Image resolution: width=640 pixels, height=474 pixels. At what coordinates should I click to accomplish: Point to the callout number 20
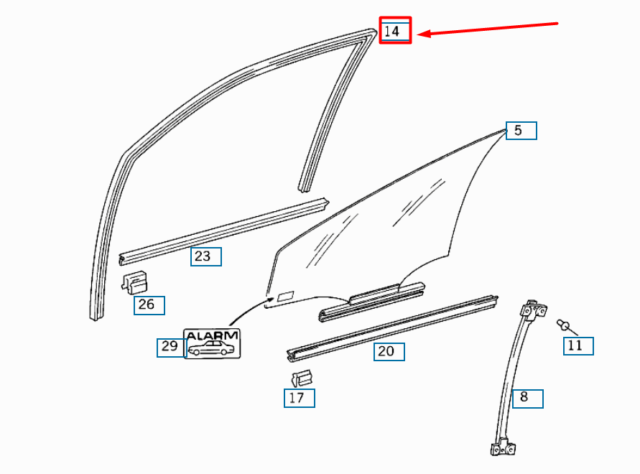coord(389,351)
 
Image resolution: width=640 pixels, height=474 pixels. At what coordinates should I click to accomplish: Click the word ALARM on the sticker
coord(212,335)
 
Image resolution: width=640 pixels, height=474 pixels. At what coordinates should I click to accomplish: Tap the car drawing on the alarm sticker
coord(211,349)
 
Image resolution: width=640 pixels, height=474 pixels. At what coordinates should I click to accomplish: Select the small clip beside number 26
coord(134,281)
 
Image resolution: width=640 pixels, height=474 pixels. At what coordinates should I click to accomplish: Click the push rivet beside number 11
coord(565,326)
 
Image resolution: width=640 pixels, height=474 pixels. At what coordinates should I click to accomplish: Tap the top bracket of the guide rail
coord(533,310)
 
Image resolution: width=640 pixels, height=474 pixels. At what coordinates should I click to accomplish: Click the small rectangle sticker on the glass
coord(285,295)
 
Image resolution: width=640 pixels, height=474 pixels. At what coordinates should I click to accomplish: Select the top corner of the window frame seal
coord(372,32)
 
